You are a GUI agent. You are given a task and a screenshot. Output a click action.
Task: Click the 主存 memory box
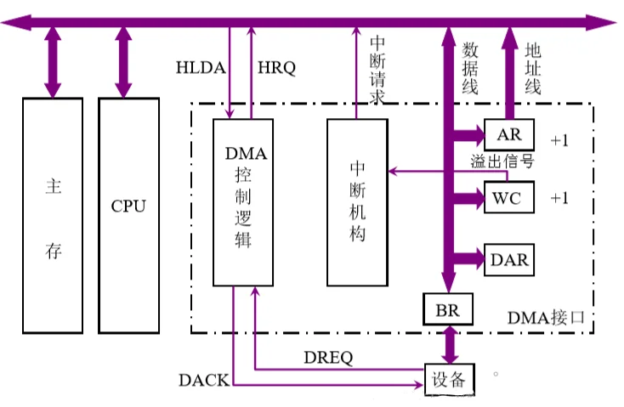pyautogui.click(x=53, y=214)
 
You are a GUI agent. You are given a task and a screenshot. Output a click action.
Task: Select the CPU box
pyautogui.click(x=128, y=214)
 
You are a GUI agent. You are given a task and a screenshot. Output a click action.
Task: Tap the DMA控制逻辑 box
pyautogui.click(x=246, y=202)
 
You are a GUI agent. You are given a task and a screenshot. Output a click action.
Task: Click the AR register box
pyautogui.click(x=509, y=135)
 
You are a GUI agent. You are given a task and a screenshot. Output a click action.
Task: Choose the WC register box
pyautogui.click(x=509, y=199)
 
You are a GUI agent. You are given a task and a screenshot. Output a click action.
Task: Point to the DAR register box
pyautogui.click(x=509, y=259)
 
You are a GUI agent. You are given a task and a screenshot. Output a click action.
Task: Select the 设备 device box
pyautogui.click(x=449, y=379)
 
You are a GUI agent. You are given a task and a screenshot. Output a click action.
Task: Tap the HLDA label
pyautogui.click(x=201, y=69)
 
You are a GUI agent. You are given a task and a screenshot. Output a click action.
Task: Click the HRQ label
pyautogui.click(x=276, y=69)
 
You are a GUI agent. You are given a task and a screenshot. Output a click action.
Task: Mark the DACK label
pyautogui.click(x=204, y=380)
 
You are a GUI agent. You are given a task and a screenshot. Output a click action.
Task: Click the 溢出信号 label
pyautogui.click(x=502, y=161)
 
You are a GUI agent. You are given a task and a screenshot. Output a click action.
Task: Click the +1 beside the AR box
pyautogui.click(x=559, y=140)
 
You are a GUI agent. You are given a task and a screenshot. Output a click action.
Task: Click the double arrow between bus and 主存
pyautogui.click(x=53, y=62)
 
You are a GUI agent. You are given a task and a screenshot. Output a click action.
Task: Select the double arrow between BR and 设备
pyautogui.click(x=448, y=344)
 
